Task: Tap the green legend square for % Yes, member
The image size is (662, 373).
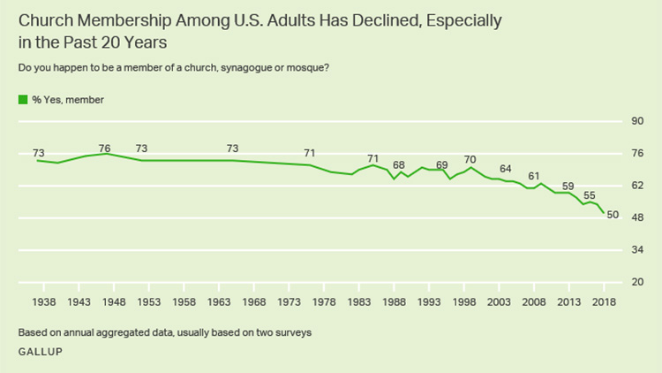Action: point(22,100)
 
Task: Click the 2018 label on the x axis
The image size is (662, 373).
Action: point(604,302)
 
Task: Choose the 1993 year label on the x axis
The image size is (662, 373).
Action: point(429,302)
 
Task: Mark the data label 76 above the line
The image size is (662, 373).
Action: point(104,148)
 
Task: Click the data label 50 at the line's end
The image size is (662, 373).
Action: point(613,215)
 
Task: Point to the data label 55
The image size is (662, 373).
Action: point(590,195)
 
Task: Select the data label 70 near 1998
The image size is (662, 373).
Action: point(470,159)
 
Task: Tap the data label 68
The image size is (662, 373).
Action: point(399,165)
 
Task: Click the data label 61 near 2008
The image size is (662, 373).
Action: point(533,176)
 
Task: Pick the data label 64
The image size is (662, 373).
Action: point(505,169)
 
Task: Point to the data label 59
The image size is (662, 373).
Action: point(568,186)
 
